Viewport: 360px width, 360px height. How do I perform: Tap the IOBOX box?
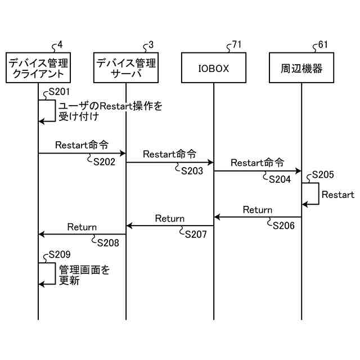coord(214,68)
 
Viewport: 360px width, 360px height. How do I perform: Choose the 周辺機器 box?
coord(301,68)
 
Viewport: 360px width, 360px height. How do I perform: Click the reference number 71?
coord(237,44)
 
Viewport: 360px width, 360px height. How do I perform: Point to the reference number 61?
coord(323,44)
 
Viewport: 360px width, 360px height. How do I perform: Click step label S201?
coord(60,92)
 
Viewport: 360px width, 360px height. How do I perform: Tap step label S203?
coord(192,171)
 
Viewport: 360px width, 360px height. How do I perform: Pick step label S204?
coord(280,179)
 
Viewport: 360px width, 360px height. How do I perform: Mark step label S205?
coord(323,175)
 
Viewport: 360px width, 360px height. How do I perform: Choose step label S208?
coord(109,242)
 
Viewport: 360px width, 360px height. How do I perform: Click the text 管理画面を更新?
coord(84,275)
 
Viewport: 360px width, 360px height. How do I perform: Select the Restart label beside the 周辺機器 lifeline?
coord(337,195)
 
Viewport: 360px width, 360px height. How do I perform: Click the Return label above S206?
coord(258,210)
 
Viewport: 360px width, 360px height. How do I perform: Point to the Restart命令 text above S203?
coord(169,154)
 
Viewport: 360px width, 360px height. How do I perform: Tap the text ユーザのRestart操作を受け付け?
coord(110,111)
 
